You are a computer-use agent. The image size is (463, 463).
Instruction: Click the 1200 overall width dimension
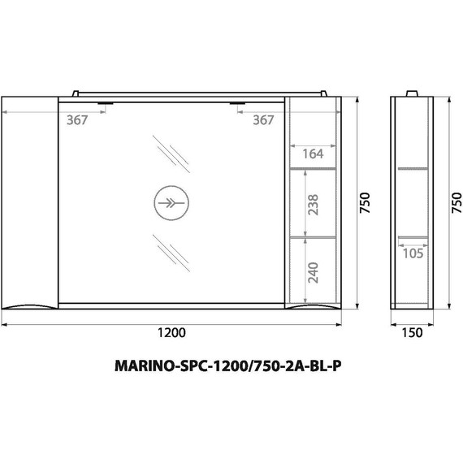(x=172, y=331)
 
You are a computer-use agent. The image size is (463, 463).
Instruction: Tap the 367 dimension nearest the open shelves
(x=262, y=120)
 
